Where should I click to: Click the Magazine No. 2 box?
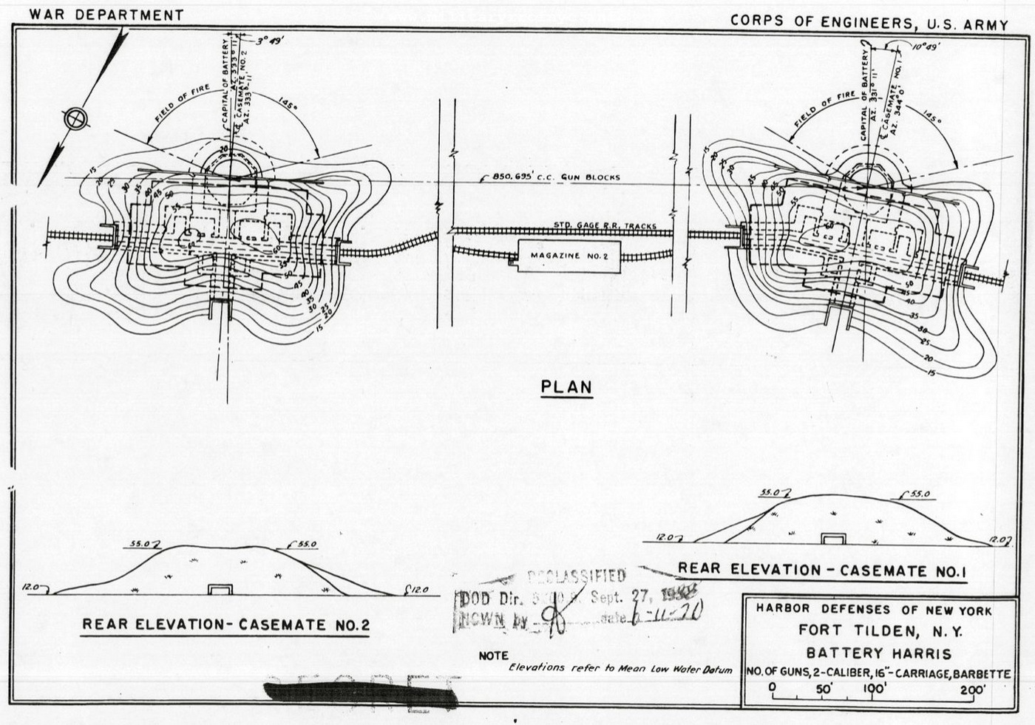click(x=569, y=256)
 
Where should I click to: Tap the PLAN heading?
click(x=567, y=387)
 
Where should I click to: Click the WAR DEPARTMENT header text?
click(x=106, y=14)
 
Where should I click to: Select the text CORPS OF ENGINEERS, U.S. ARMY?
click(x=869, y=22)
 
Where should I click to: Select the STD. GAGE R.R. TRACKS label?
click(x=605, y=225)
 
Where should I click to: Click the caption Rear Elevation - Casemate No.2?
click(x=225, y=624)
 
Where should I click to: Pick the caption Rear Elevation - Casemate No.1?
click(x=822, y=570)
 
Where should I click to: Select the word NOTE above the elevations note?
click(x=493, y=656)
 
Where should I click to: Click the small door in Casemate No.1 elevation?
click(x=834, y=538)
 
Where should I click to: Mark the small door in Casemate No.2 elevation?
click(x=220, y=589)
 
